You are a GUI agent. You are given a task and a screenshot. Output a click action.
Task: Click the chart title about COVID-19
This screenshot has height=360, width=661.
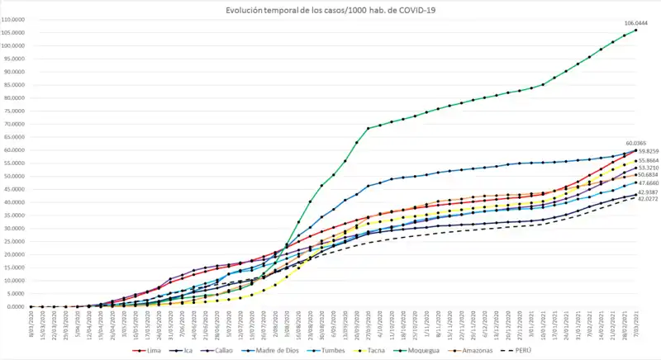(330, 10)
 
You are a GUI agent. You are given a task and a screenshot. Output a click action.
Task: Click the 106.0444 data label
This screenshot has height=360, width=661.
(635, 24)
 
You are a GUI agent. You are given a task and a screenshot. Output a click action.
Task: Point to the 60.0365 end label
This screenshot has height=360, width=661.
(635, 143)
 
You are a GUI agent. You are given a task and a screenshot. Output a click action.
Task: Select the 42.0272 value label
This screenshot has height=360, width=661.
(647, 199)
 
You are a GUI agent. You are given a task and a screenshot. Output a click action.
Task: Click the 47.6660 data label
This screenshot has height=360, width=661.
(647, 182)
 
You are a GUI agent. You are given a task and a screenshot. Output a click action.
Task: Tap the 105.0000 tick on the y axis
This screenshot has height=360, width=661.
(17, 32)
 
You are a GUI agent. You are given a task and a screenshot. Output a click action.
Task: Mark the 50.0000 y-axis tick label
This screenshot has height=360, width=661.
(17, 176)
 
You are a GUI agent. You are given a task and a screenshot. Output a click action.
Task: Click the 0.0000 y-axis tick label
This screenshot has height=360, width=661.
(18, 307)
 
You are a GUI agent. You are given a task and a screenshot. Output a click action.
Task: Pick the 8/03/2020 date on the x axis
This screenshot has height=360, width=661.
(30, 323)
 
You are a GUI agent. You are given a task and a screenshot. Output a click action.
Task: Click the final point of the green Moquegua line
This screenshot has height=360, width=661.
(635, 31)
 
